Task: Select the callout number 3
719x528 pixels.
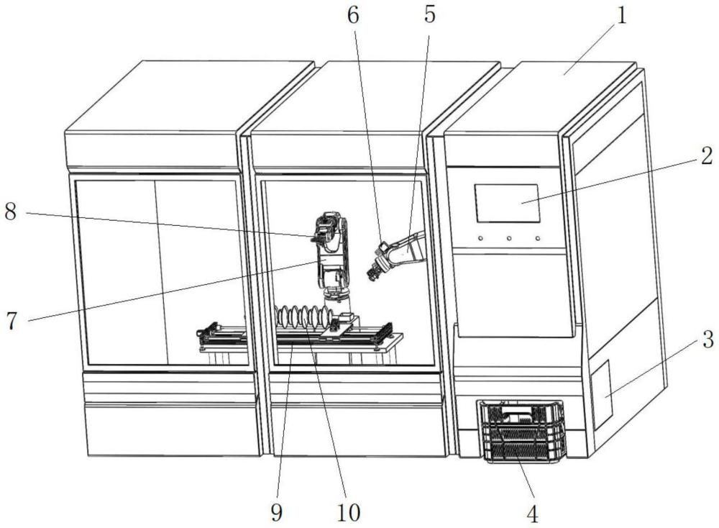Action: [708, 340]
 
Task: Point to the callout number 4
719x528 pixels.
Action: [532, 514]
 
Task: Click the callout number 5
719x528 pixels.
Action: [429, 15]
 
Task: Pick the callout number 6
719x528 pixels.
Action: [352, 15]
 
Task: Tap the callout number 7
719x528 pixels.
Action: [12, 320]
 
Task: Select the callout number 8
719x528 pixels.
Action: [11, 212]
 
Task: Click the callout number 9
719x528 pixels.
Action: [277, 512]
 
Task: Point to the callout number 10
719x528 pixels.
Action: [349, 512]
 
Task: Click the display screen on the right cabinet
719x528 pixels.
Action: [507, 204]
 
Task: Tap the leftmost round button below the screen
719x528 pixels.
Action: [480, 238]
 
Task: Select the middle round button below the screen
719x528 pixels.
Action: [509, 238]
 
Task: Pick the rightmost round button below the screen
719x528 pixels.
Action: [537, 238]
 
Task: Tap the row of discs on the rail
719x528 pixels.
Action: [303, 317]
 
